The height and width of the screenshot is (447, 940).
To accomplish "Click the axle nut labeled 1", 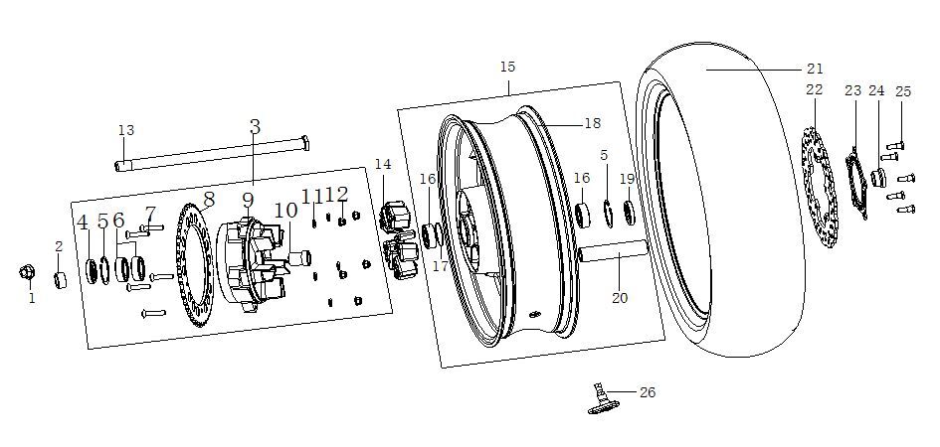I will (29, 272).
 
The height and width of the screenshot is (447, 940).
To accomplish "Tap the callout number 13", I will (125, 130).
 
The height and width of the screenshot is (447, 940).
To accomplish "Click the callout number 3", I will (255, 127).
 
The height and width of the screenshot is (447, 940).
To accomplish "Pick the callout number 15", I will (507, 67).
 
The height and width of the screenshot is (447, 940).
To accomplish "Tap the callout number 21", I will (815, 69).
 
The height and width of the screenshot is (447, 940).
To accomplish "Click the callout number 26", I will (647, 392).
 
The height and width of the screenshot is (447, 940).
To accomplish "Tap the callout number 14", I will (383, 164).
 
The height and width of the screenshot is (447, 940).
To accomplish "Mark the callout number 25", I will (902, 91).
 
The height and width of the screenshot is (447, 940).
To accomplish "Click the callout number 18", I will (592, 123).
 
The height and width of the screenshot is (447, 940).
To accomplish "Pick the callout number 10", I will (285, 211).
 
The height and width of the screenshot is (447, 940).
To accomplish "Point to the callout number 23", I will (852, 90).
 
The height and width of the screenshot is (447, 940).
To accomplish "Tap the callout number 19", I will (627, 179).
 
